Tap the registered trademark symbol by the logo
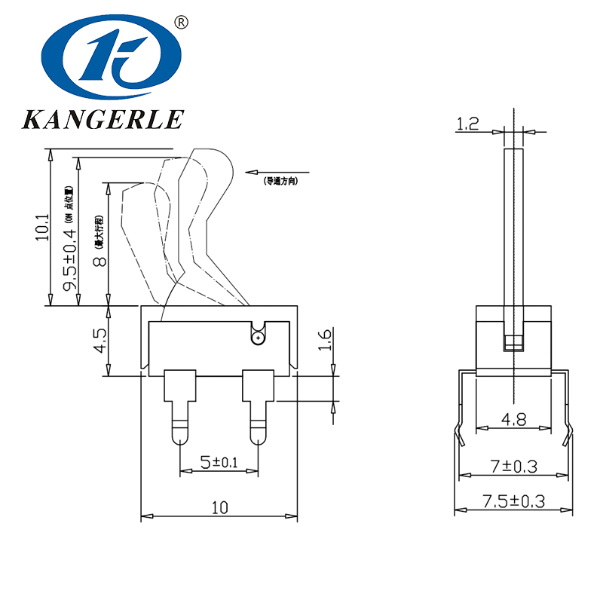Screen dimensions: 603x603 (181, 23)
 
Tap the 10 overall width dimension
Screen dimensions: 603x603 (219, 507)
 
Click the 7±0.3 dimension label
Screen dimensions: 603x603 (513, 467)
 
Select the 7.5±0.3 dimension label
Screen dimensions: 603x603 (513, 501)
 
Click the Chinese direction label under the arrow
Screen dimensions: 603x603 (280, 182)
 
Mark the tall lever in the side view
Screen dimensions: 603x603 (514, 226)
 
